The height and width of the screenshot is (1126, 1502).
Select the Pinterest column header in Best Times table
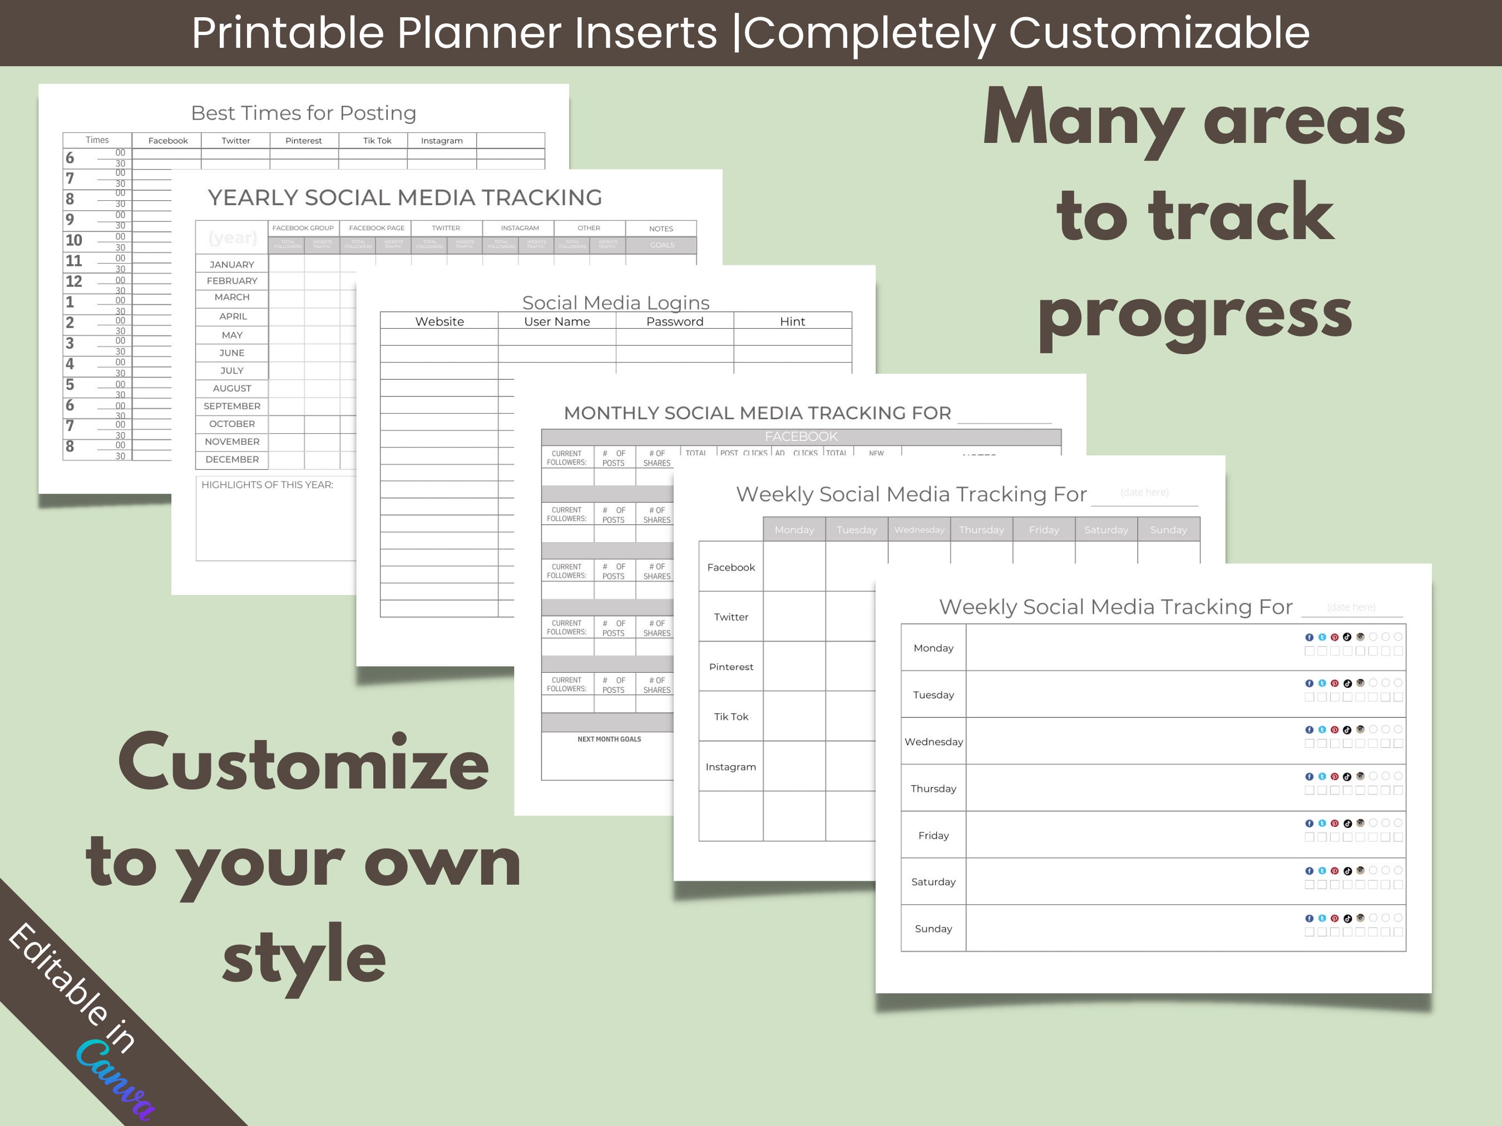(304, 141)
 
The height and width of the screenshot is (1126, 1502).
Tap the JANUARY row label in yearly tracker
(231, 264)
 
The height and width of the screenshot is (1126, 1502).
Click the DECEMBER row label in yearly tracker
(231, 459)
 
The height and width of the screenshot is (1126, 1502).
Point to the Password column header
(674, 321)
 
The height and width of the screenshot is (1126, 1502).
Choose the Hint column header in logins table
(792, 321)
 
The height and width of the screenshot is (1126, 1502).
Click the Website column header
(439, 321)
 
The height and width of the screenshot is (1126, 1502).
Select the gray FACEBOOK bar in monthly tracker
(801, 436)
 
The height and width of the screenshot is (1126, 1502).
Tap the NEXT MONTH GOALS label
(609, 739)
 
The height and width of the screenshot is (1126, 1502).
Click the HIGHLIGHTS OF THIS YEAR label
(267, 485)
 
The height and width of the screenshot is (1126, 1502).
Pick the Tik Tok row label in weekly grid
(730, 717)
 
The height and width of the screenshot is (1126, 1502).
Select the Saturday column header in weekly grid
(1105, 529)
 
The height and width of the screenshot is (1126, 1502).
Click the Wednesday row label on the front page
(933, 742)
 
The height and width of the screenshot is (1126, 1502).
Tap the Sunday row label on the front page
(933, 929)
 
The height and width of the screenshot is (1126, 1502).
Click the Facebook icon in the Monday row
(1308, 637)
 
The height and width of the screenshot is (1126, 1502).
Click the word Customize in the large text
(304, 763)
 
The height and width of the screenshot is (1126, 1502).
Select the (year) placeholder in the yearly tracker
(232, 237)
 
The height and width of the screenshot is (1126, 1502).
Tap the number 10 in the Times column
(73, 240)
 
